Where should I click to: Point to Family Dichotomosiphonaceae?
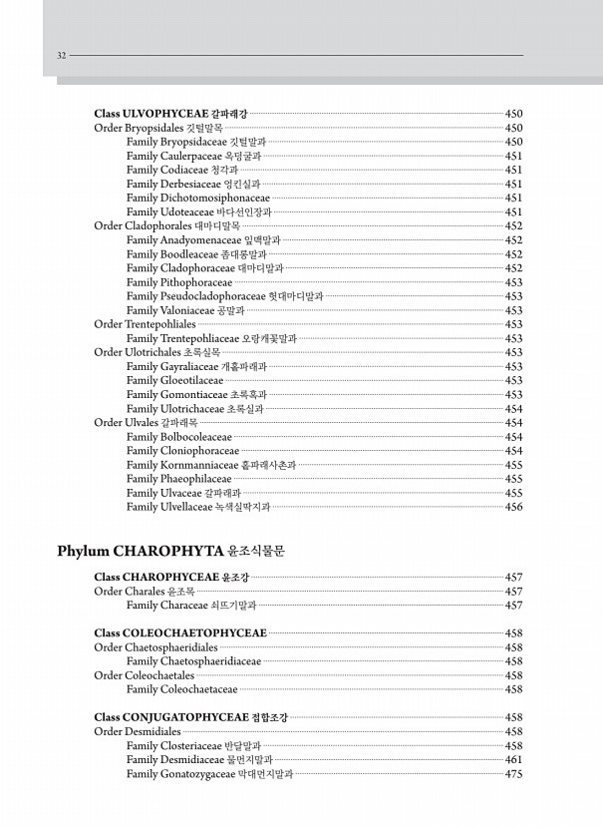pyautogui.click(x=198, y=198)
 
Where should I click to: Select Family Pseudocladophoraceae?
pyautogui.click(x=224, y=296)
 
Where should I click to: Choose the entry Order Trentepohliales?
pyautogui.click(x=145, y=324)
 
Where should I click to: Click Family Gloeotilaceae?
pyautogui.click(x=174, y=380)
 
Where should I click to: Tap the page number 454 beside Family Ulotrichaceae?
pyautogui.click(x=514, y=408)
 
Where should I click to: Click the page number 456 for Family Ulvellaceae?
pyautogui.click(x=514, y=507)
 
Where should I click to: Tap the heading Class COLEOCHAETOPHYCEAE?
pyautogui.click(x=179, y=633)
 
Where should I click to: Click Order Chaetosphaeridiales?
pyautogui.click(x=155, y=647)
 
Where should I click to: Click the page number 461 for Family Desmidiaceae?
pyautogui.click(x=514, y=759)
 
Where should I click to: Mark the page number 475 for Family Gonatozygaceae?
pyautogui.click(x=514, y=773)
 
